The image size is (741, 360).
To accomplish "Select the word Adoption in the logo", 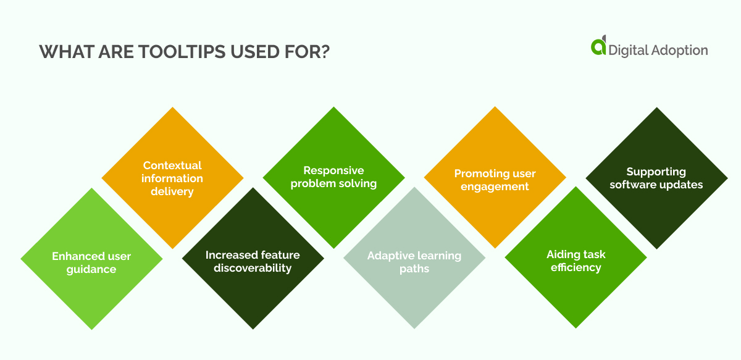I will [x=677, y=50].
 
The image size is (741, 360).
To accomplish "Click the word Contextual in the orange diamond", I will [x=172, y=165].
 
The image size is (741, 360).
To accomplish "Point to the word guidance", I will [x=91, y=269].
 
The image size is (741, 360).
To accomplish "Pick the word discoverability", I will [x=253, y=268].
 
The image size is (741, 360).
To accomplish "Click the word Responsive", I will [x=333, y=170].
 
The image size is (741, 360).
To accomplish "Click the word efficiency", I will [x=576, y=267].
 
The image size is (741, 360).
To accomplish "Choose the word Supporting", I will [x=656, y=172].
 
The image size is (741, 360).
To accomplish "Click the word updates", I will [x=684, y=185].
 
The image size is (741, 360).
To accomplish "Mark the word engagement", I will [x=495, y=186].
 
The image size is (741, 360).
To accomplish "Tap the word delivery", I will [x=172, y=191].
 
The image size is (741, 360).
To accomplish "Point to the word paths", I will [x=414, y=269].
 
